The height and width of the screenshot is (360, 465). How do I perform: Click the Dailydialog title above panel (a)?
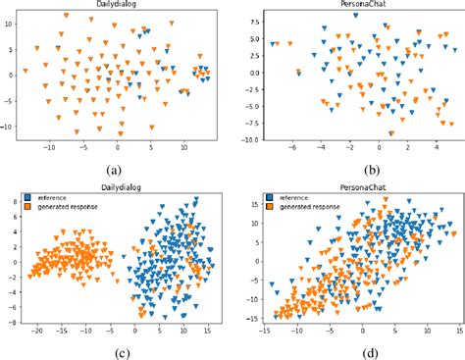tap(119, 5)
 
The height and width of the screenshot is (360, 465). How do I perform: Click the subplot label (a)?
tap(118, 167)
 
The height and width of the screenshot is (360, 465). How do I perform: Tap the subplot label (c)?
tap(118, 350)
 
